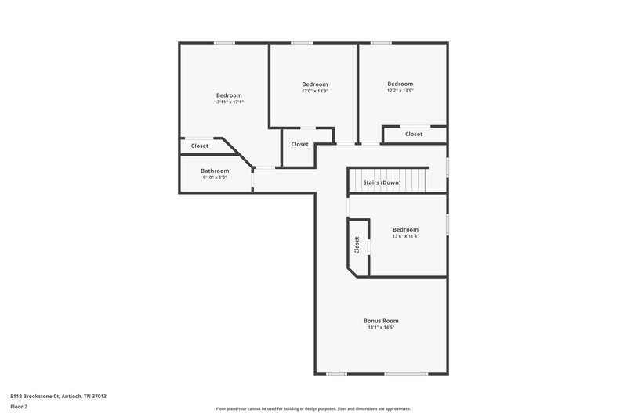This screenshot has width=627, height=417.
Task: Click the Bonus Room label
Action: tap(381, 321)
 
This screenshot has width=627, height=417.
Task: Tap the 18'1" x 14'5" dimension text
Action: tap(381, 328)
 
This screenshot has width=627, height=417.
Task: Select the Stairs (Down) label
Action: tap(382, 182)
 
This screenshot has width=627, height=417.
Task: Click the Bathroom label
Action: tap(215, 171)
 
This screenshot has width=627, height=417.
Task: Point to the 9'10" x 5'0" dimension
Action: tap(215, 178)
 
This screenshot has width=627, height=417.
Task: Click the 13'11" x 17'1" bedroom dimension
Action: tap(229, 102)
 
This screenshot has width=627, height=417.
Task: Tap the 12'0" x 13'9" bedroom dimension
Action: tap(314, 91)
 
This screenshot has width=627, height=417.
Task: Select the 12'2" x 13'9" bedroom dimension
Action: tap(400, 91)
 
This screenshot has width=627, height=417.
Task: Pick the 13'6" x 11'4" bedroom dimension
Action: tap(405, 236)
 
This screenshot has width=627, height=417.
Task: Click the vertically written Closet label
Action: tap(357, 246)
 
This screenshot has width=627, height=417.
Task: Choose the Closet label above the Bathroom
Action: tap(200, 146)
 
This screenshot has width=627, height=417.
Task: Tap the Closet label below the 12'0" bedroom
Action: tap(299, 144)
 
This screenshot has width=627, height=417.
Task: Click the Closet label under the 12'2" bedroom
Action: tap(414, 134)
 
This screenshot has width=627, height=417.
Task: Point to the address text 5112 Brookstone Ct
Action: tap(59, 397)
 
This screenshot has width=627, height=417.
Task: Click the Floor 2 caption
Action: tap(19, 407)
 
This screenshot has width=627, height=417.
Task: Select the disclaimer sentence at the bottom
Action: tap(313, 408)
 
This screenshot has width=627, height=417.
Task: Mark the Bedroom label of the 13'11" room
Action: tap(229, 95)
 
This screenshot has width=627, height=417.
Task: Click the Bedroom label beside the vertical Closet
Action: tap(405, 229)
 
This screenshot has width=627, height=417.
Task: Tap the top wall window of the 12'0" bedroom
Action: tap(302, 43)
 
